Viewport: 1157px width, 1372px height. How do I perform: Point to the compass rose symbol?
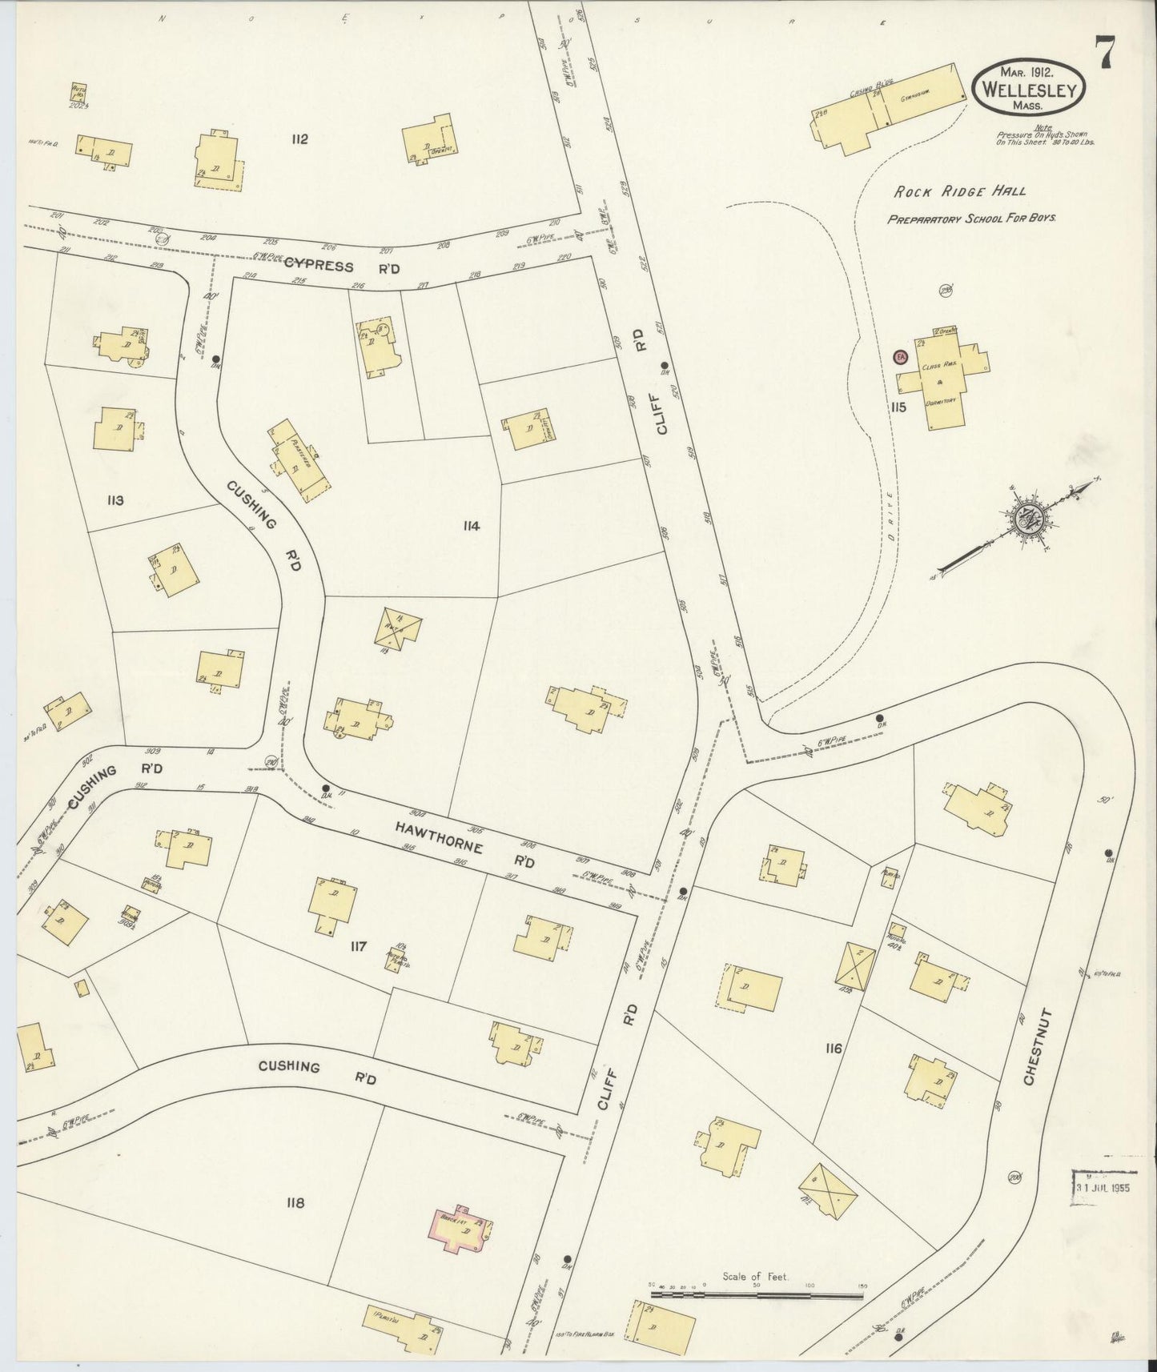(x=1026, y=520)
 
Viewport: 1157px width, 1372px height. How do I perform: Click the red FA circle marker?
(x=900, y=357)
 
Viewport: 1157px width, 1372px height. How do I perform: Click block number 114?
(x=471, y=526)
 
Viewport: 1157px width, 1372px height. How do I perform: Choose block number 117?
(x=357, y=947)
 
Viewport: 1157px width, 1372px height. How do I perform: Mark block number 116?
(x=833, y=1048)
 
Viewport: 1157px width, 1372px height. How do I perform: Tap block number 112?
(x=300, y=139)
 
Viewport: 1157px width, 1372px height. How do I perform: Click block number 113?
(x=114, y=501)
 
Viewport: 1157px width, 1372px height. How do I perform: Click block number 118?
(x=295, y=1202)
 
